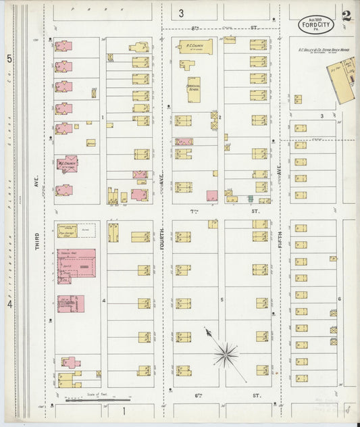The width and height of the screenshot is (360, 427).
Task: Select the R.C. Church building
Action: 195,47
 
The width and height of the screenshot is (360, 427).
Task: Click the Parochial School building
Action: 194,89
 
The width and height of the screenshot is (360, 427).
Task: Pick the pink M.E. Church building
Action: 67,164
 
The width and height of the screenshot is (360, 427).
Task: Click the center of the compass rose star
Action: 226,352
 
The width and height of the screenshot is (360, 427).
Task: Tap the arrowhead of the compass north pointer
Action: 207,330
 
